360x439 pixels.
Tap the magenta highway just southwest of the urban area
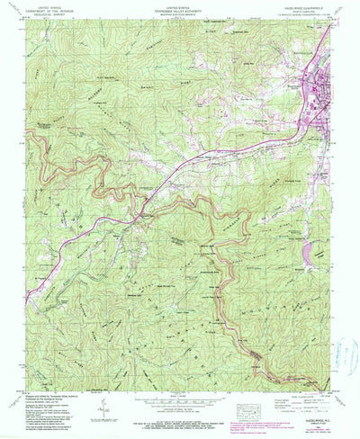click(x=270, y=135)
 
